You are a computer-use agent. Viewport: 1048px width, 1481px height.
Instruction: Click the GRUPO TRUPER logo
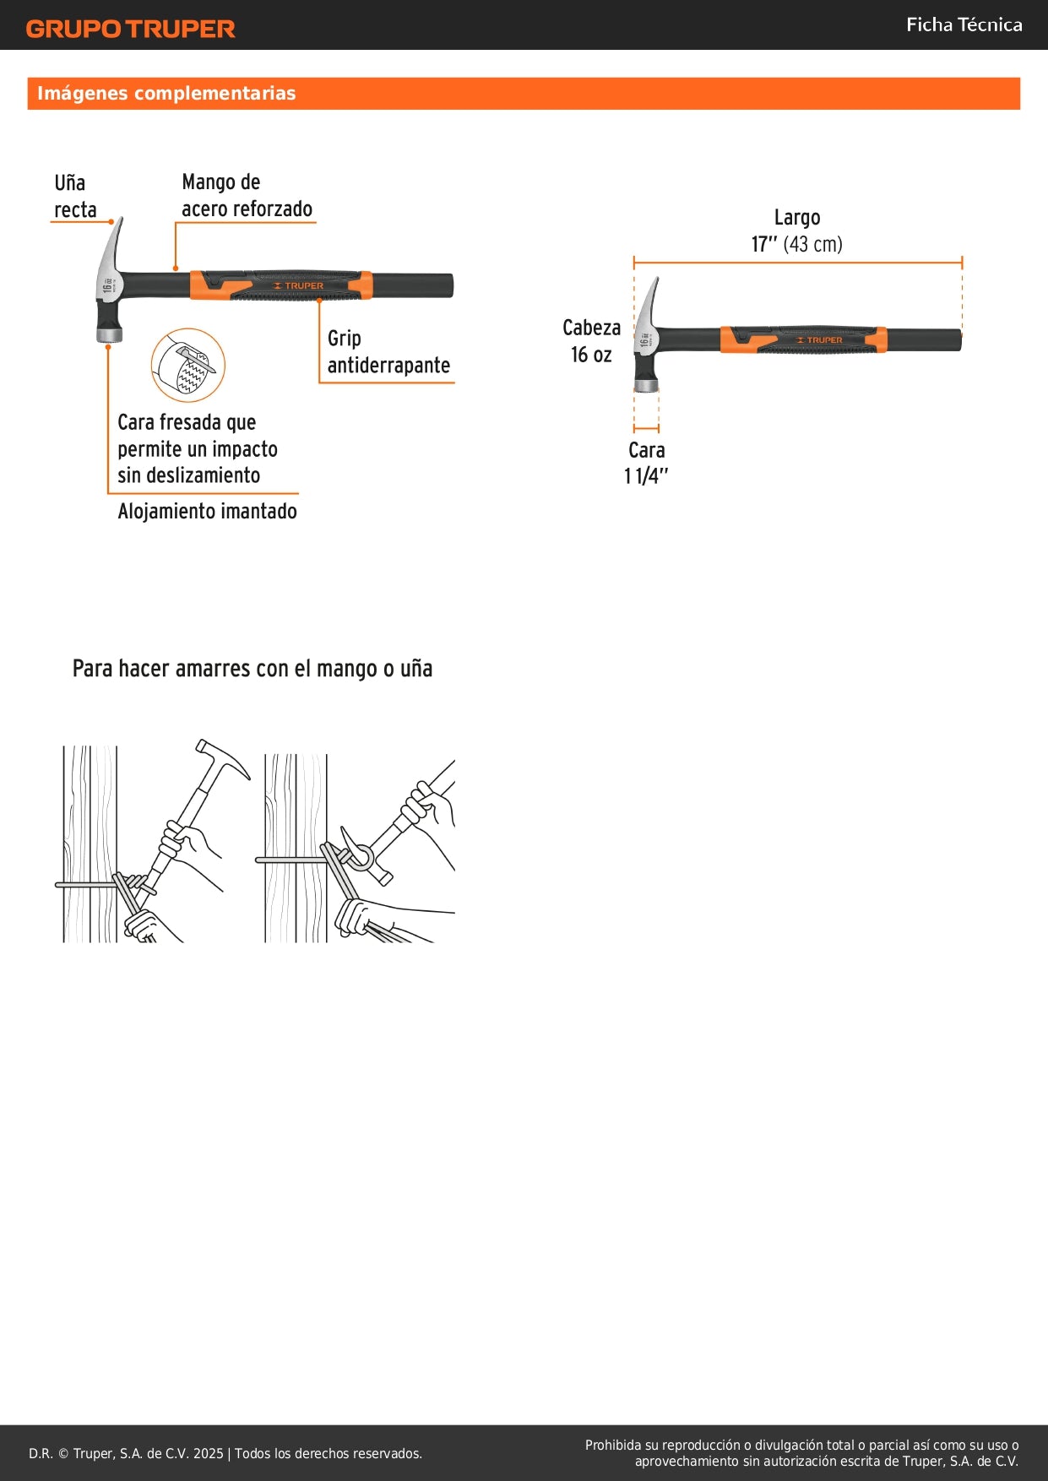click(130, 29)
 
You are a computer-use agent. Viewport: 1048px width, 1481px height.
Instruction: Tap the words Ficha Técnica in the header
click(964, 25)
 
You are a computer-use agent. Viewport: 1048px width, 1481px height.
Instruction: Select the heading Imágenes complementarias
click(166, 94)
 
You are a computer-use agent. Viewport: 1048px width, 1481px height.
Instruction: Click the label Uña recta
click(75, 196)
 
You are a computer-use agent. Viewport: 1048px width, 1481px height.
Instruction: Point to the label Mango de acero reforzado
click(247, 196)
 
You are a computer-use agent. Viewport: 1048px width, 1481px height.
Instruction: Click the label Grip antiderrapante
click(388, 352)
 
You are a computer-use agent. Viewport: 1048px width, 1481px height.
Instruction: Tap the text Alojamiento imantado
click(207, 512)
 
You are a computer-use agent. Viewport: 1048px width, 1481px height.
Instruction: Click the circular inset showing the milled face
click(187, 366)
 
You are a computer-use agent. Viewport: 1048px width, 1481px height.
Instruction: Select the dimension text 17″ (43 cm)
click(796, 245)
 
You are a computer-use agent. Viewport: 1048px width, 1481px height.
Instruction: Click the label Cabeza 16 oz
click(591, 341)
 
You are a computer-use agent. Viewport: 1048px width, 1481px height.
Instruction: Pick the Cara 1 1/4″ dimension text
click(646, 464)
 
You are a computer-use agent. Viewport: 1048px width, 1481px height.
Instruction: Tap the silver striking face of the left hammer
click(109, 335)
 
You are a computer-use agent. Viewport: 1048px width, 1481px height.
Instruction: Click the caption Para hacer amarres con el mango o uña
click(252, 669)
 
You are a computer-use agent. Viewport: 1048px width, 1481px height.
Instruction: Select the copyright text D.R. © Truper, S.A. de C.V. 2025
click(126, 1454)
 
